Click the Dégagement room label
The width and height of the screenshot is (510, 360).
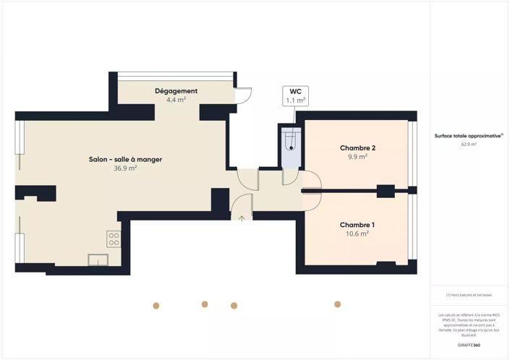click(x=176, y=91)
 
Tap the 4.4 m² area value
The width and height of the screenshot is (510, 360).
click(x=176, y=100)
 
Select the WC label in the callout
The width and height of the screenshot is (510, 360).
click(x=295, y=92)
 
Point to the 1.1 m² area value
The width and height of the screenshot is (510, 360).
click(x=295, y=100)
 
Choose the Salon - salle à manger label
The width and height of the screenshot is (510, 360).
click(x=125, y=159)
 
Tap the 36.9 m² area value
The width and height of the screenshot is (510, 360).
click(x=125, y=168)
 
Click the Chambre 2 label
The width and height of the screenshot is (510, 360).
click(x=357, y=147)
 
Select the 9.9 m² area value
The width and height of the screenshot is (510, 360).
click(x=357, y=157)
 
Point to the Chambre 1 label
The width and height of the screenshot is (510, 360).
click(x=357, y=225)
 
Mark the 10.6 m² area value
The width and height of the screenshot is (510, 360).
click(x=357, y=234)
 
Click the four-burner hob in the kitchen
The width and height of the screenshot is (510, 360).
click(x=114, y=239)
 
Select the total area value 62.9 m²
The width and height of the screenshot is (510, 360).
click(x=469, y=145)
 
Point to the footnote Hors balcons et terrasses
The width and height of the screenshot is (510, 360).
click(x=469, y=296)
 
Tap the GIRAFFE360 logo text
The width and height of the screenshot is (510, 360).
click(x=469, y=346)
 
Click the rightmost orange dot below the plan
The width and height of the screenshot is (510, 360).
click(x=337, y=304)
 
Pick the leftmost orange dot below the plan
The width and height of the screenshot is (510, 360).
click(x=156, y=305)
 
